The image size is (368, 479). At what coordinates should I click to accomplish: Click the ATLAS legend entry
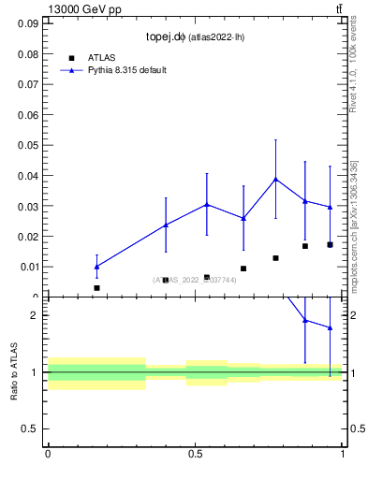click(x=101, y=57)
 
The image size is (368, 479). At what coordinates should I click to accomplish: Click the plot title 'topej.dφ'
click(x=169, y=37)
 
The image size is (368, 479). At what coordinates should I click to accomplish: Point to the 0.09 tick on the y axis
click(x=27, y=24)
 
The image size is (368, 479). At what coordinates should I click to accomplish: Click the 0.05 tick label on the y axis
click(x=27, y=145)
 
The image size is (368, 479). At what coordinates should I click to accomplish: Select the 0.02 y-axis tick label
click(x=27, y=236)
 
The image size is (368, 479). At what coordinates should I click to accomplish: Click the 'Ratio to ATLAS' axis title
click(x=15, y=371)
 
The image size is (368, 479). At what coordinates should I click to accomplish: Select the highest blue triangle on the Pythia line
click(x=275, y=179)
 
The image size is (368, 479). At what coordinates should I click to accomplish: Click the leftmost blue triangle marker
click(x=96, y=266)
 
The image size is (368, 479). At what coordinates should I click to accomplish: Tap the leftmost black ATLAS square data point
click(x=96, y=288)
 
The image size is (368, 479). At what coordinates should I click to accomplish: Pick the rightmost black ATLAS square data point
click(x=330, y=244)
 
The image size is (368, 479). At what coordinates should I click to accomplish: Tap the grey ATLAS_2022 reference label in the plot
click(x=196, y=280)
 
